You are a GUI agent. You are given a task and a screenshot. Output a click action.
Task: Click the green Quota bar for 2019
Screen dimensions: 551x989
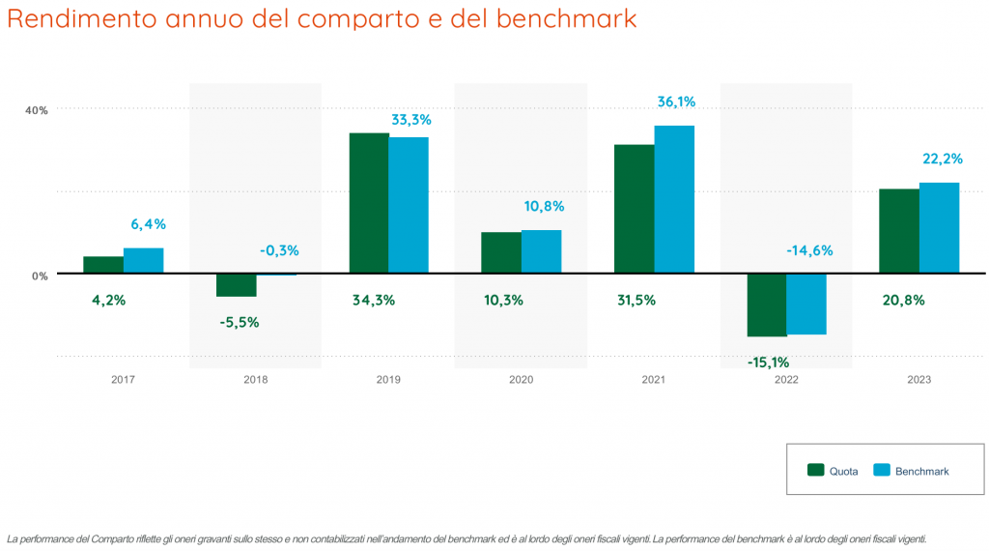tap(368, 203)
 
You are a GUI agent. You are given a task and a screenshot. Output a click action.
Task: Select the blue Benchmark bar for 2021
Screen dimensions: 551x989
tap(674, 200)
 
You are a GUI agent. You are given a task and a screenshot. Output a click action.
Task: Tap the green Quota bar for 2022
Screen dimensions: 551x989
tap(767, 305)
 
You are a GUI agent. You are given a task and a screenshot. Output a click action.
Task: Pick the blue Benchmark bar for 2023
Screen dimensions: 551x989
tap(939, 228)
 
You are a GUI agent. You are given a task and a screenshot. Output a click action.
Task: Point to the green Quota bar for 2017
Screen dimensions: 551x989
tap(103, 265)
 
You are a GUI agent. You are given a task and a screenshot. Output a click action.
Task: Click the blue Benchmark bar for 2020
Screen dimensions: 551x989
tap(541, 251)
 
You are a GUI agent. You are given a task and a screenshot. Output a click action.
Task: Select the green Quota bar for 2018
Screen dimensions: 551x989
tap(236, 285)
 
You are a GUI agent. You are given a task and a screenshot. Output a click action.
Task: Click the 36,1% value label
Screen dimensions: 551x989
tap(676, 101)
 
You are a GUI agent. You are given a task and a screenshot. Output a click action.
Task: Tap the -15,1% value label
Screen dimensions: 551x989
tap(768, 362)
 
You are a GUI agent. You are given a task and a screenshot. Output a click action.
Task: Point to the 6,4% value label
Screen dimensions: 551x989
tap(148, 224)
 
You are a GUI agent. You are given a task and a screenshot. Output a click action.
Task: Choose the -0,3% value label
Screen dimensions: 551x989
tap(279, 250)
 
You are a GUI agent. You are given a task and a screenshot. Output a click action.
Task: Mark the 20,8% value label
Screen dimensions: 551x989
tap(904, 300)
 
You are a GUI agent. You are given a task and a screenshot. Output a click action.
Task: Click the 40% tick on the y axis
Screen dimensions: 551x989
tap(37, 110)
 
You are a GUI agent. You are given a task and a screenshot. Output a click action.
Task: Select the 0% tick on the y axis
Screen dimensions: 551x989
tap(40, 275)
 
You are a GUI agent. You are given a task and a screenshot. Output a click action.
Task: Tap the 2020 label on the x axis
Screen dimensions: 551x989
tap(521, 380)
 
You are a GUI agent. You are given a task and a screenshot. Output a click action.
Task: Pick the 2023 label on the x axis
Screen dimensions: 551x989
tap(918, 380)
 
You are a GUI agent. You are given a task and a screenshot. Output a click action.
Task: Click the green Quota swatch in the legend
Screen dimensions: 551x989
tap(816, 471)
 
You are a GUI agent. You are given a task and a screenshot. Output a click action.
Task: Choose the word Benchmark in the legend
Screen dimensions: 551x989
tap(921, 472)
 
